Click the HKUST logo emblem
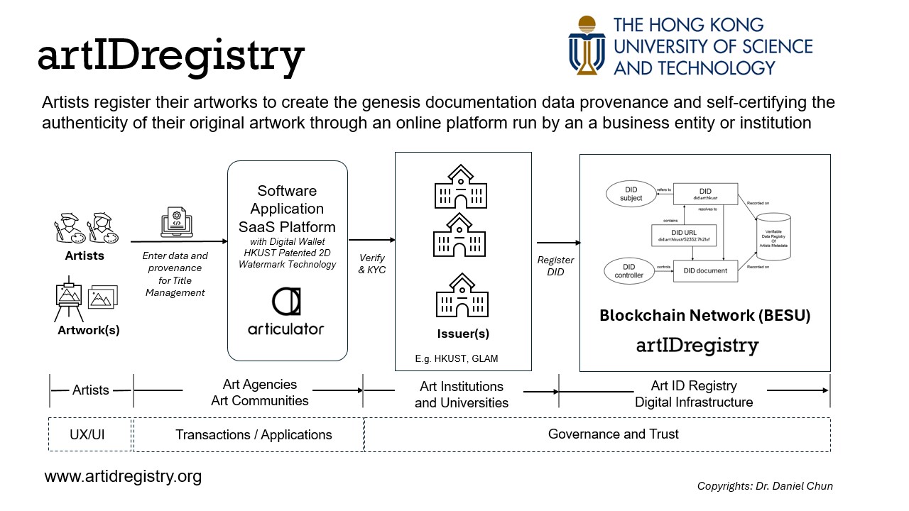tap(587, 45)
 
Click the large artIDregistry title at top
tap(171, 57)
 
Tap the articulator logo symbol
tap(286, 302)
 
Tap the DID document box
tap(705, 270)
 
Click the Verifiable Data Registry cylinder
tap(773, 236)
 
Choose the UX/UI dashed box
tap(90, 434)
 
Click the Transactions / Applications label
tap(254, 434)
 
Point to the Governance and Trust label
tap(613, 434)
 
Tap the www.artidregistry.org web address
tap(123, 476)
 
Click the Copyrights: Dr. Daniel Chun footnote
tap(765, 486)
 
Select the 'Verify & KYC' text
tap(371, 264)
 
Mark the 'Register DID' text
tap(555, 265)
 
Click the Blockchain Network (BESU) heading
tap(704, 316)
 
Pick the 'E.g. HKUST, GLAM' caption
tap(457, 358)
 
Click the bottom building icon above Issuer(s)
tap(462, 299)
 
